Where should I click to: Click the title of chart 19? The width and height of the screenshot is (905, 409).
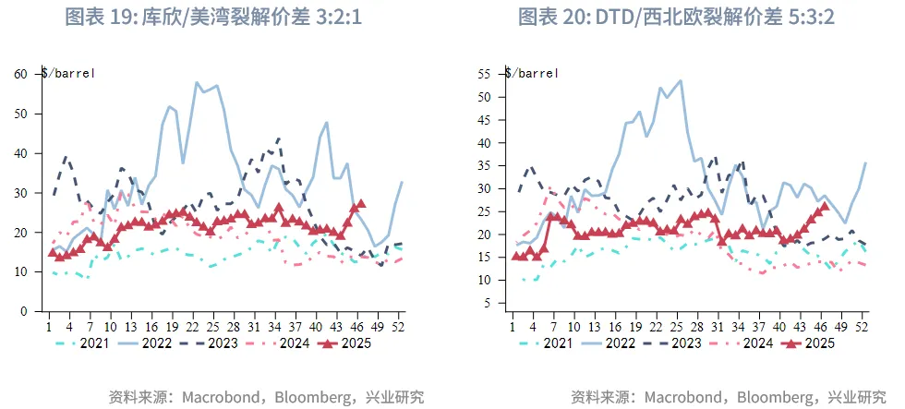(224, 18)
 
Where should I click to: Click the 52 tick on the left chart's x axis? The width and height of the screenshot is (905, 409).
(398, 326)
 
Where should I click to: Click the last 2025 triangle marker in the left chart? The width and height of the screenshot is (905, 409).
(361, 203)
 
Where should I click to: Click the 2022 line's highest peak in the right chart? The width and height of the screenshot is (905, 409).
(681, 80)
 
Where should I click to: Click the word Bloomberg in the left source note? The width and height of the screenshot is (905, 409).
(306, 397)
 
